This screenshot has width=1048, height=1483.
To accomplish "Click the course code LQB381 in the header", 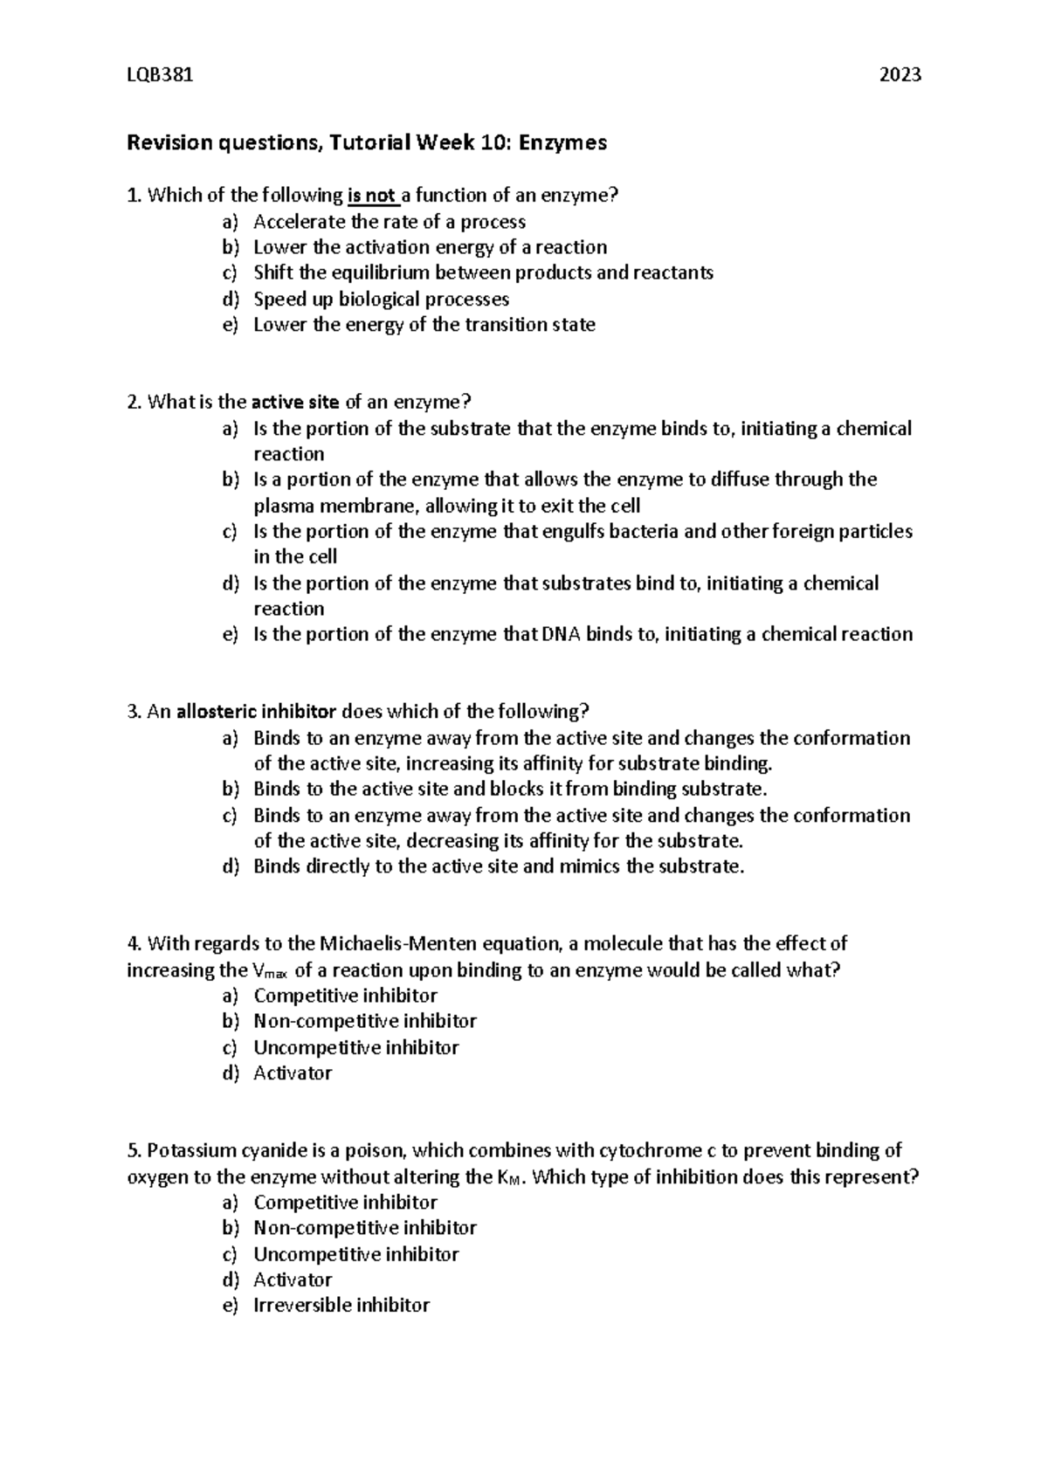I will point(160,75).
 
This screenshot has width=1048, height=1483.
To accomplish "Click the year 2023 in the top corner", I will point(900,75).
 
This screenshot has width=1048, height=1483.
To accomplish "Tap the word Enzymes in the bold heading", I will point(562,142).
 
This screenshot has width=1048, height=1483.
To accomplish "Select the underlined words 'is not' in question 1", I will point(372,196).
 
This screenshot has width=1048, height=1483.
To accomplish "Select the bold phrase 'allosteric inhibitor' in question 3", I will point(257,711).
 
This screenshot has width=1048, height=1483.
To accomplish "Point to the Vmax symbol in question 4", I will point(269,971).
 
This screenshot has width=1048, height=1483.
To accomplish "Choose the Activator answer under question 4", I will point(293,1073).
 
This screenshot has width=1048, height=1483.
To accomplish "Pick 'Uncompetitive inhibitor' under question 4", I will point(355,1047).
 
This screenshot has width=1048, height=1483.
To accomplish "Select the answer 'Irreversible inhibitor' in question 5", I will point(341,1306).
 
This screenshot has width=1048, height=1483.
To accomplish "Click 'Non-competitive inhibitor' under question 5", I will point(364,1228).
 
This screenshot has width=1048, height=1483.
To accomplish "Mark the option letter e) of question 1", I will point(230,325).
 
